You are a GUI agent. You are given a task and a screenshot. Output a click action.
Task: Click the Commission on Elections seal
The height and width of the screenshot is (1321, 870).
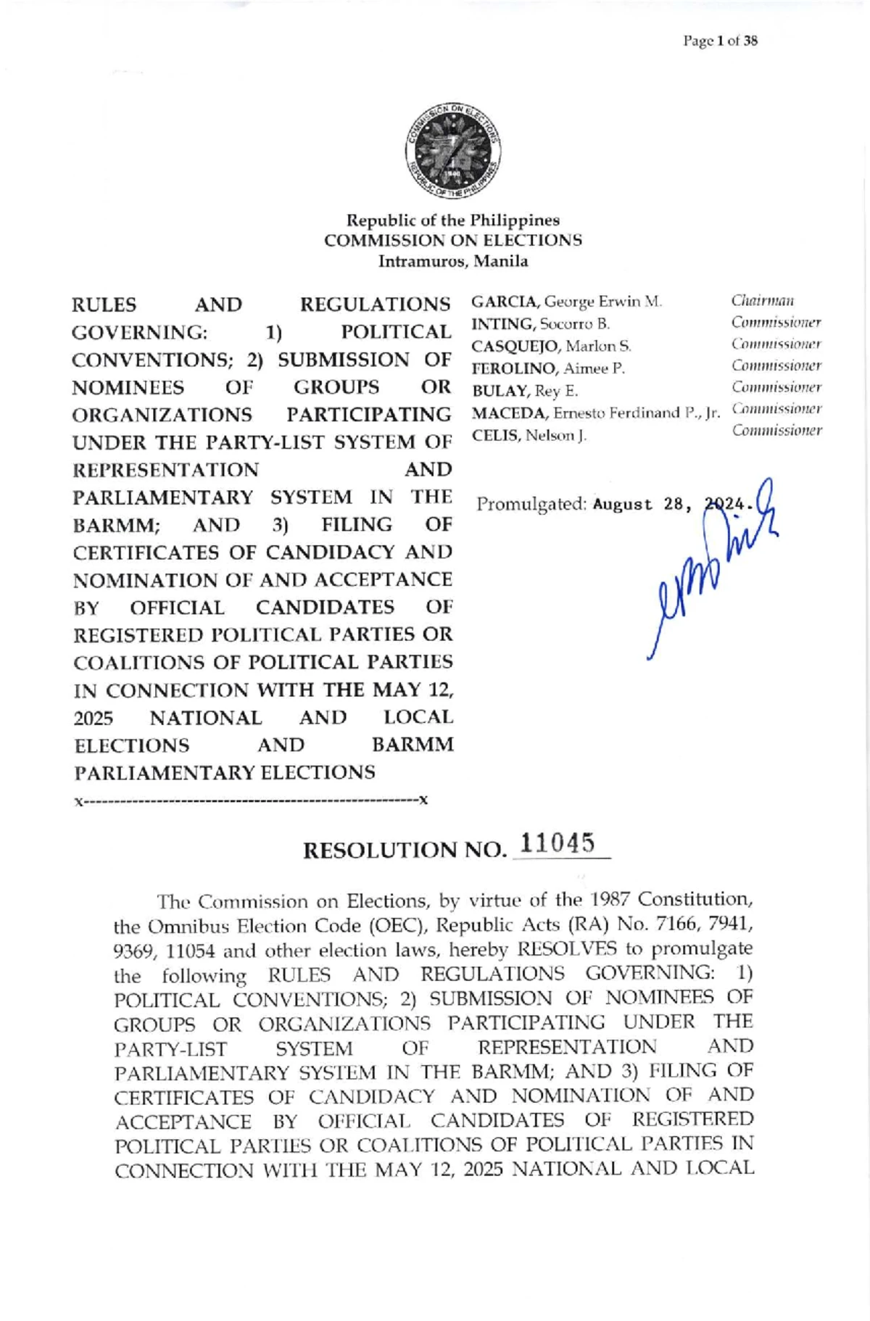[x=453, y=152]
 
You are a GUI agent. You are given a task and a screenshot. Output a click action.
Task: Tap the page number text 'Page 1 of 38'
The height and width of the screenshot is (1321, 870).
[x=720, y=41]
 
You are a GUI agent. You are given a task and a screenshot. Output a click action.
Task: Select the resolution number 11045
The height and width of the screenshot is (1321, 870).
[x=558, y=844]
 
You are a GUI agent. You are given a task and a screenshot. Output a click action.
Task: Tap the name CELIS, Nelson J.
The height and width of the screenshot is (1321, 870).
[x=529, y=436]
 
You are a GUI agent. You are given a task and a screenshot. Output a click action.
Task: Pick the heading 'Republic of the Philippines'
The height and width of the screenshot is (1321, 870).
[x=452, y=220]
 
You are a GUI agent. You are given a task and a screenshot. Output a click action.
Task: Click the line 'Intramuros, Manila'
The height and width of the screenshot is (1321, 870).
[x=452, y=261]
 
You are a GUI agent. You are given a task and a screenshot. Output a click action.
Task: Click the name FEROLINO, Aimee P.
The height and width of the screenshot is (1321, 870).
[x=547, y=368]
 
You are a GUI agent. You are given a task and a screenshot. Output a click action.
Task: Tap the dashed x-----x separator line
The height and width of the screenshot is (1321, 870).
[x=251, y=801]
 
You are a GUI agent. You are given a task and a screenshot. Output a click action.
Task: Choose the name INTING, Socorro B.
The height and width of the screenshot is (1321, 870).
[x=540, y=324]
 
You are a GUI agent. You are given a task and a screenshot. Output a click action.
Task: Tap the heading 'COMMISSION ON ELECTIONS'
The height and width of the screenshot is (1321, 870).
[x=452, y=240]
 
